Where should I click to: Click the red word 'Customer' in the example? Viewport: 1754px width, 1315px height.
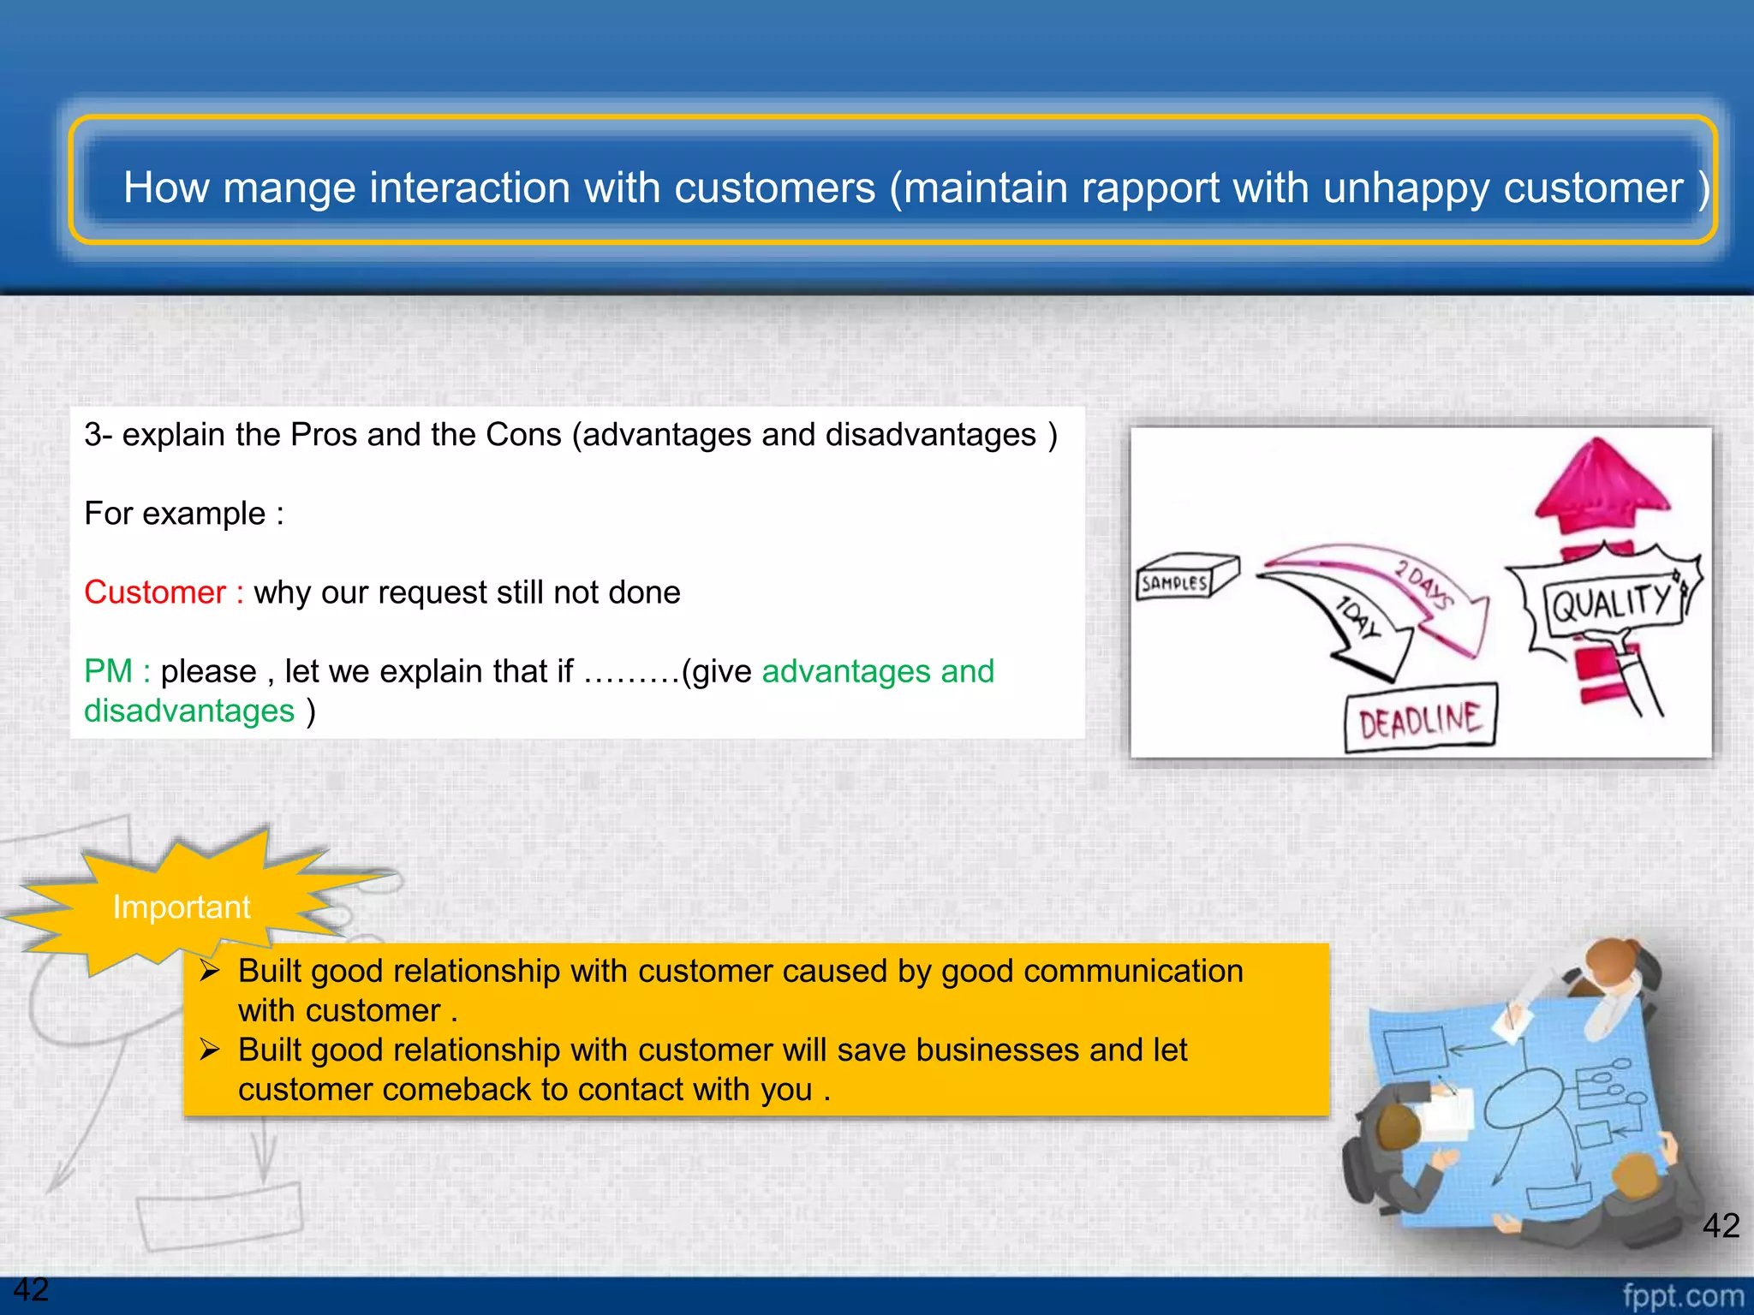pos(154,592)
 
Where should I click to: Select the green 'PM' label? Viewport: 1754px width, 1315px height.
pos(108,671)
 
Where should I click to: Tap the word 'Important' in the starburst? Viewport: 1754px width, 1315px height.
pos(182,907)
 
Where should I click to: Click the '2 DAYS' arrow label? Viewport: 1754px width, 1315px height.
pos(1423,583)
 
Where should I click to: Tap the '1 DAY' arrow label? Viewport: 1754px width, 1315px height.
pos(1358,618)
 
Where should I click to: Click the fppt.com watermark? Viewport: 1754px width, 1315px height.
pos(1682,1295)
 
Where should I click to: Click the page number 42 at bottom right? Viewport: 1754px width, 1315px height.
pos(1720,1225)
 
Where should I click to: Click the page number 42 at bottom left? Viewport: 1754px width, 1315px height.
pos(31,1289)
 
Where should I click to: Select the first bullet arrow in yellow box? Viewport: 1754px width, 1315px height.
pos(211,971)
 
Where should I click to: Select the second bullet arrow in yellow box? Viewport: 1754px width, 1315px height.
pos(211,1050)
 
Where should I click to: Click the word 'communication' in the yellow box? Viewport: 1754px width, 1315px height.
pos(1132,971)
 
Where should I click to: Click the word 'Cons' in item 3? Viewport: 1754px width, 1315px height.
pos(522,435)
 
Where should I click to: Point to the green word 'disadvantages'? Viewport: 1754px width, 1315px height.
pos(189,711)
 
